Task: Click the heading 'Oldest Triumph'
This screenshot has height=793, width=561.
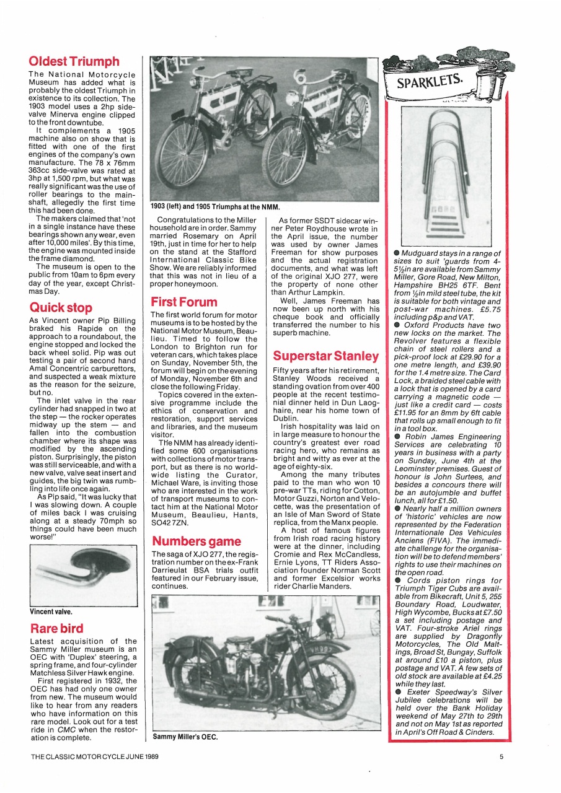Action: [x=74, y=62]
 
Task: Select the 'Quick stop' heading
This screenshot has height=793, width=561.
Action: [x=61, y=307]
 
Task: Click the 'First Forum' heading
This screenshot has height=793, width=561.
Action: [x=184, y=302]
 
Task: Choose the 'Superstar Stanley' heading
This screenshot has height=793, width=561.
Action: [x=325, y=356]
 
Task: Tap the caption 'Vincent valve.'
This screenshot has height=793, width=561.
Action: [x=51, y=611]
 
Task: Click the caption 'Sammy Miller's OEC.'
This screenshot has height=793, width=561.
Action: [x=185, y=737]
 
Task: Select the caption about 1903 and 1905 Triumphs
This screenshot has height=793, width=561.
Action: [x=215, y=206]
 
